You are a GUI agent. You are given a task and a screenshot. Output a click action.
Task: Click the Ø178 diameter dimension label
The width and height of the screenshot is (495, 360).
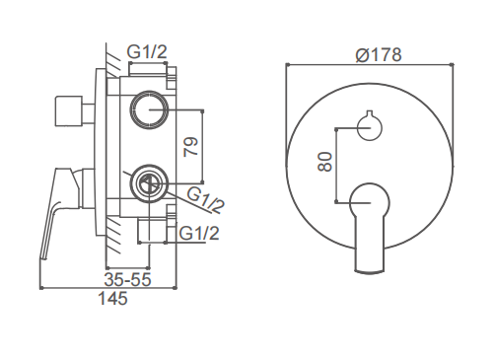click(379, 54)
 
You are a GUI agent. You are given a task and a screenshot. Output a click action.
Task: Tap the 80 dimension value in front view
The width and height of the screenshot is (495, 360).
click(325, 162)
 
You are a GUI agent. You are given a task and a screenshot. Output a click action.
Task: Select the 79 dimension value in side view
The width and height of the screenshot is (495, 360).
click(191, 147)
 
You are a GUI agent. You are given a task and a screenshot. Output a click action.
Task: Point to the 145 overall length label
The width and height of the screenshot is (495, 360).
click(112, 299)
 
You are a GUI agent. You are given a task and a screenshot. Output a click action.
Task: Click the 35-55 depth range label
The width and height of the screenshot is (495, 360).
click(128, 279)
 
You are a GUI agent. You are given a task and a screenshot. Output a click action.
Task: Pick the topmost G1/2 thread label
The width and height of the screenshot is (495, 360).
click(147, 52)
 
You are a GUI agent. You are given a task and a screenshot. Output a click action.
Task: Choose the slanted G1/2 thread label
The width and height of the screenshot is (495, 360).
click(205, 200)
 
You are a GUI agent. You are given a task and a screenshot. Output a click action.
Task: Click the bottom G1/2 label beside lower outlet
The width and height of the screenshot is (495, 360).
click(199, 233)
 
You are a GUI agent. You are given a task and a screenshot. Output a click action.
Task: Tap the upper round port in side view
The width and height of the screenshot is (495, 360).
click(149, 109)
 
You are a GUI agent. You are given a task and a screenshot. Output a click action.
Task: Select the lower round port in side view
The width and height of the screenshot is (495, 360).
click(149, 183)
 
